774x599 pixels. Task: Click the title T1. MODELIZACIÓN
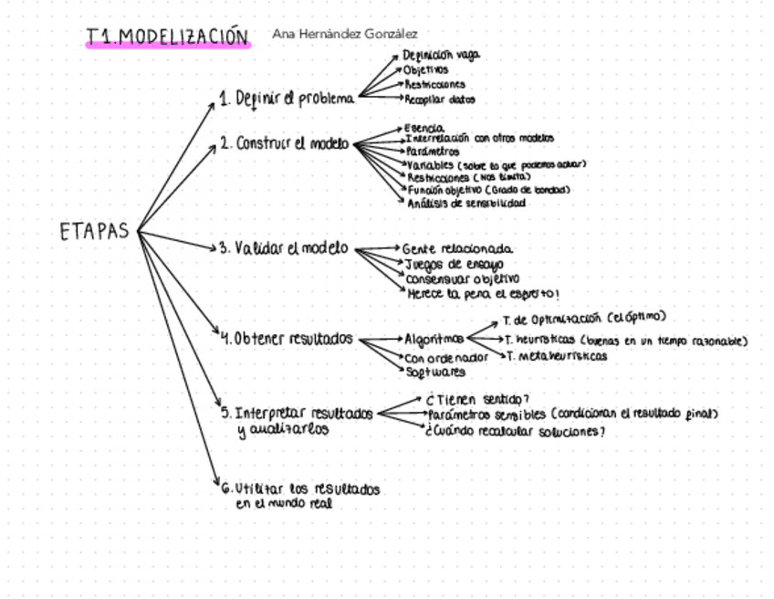167,37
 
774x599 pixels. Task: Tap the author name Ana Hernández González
345,34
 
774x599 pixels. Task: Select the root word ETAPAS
94,232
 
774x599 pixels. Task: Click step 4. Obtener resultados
288,339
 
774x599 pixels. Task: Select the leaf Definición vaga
441,55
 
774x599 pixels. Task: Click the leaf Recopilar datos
440,100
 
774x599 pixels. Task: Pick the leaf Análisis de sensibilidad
466,204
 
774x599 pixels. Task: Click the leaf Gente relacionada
457,248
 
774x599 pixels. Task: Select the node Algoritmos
434,340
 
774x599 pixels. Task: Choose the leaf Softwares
435,372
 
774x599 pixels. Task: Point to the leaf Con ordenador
446,357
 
